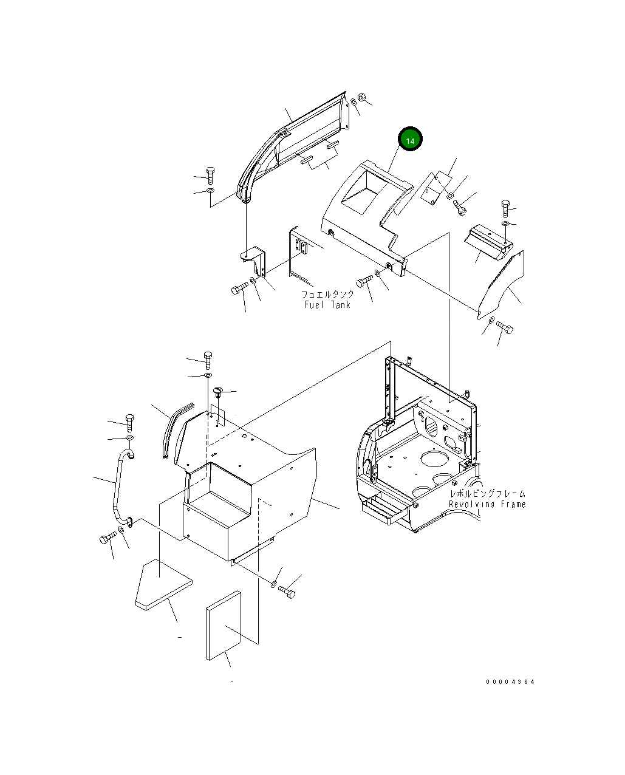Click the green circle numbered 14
point(410,140)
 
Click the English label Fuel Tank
point(327,304)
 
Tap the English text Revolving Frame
point(487,504)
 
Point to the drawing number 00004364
point(510,682)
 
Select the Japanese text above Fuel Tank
point(327,294)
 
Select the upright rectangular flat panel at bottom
point(224,626)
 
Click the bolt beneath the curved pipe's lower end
point(108,538)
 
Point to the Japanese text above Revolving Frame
point(487,494)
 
